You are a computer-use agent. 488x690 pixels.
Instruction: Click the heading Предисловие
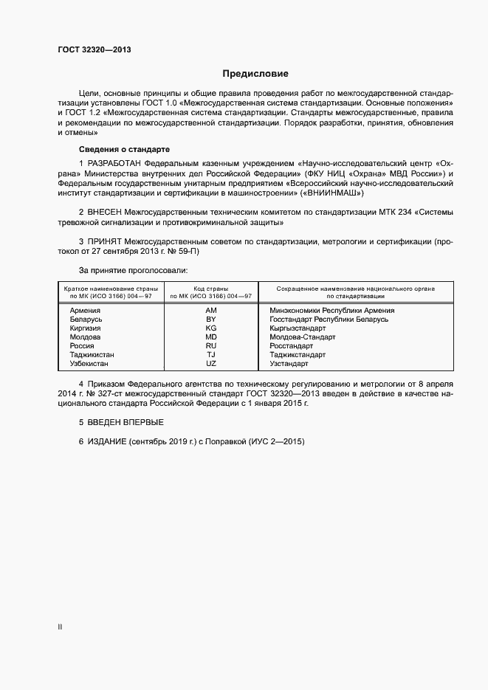(255, 74)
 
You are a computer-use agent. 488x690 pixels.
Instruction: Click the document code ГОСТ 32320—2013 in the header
(94, 49)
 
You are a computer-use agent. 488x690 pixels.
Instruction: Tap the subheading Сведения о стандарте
(114, 149)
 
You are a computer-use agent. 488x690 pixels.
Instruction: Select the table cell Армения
(85, 311)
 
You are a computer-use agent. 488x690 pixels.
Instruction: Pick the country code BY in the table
(211, 320)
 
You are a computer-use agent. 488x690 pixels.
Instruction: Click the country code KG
(211, 328)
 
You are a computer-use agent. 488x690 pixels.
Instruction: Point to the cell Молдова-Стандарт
(303, 337)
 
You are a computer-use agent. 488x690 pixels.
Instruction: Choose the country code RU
(211, 346)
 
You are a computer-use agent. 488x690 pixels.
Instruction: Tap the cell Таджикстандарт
(298, 355)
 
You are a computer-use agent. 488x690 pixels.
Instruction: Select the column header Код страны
(211, 289)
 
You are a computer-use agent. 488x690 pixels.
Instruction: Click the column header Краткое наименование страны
(110, 289)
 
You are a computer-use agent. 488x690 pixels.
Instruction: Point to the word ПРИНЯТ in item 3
(105, 241)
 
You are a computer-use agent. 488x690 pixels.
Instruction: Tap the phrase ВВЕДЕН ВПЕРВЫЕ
(121, 422)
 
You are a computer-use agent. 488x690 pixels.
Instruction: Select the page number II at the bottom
(60, 628)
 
